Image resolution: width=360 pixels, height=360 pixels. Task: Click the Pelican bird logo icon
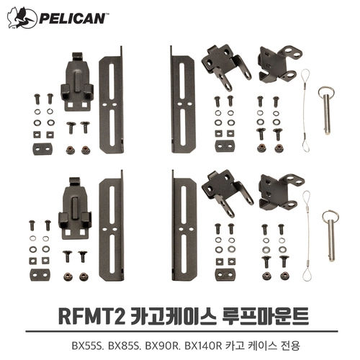(22, 18)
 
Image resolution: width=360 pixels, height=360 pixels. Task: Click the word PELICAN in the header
(71, 19)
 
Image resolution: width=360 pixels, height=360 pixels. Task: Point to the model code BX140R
(204, 346)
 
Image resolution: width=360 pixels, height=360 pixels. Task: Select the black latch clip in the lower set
(75, 208)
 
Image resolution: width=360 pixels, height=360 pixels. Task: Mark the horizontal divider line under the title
(181, 331)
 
